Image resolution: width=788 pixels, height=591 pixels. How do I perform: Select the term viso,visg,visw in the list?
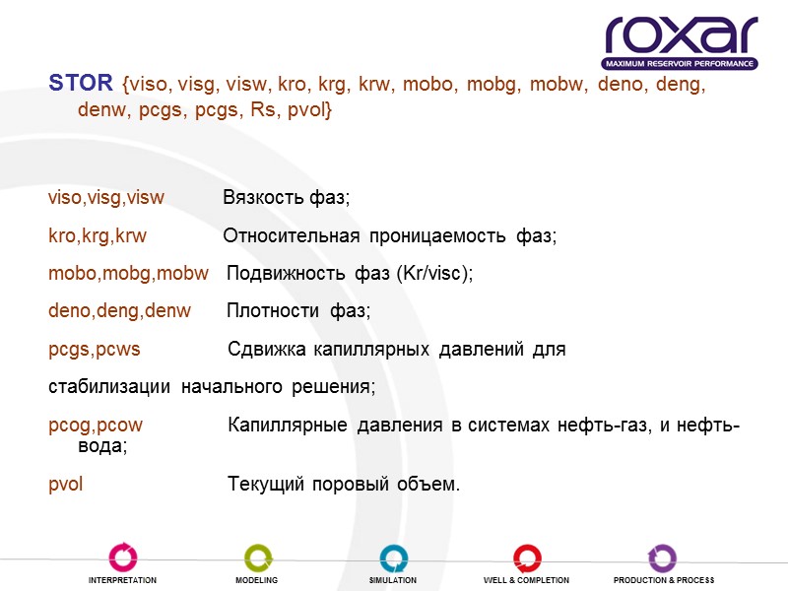point(106,198)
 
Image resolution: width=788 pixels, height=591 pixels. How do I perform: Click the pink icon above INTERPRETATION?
point(122,558)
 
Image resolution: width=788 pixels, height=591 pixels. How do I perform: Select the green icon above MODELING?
point(257,558)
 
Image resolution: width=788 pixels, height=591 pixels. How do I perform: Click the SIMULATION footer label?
point(393,581)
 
